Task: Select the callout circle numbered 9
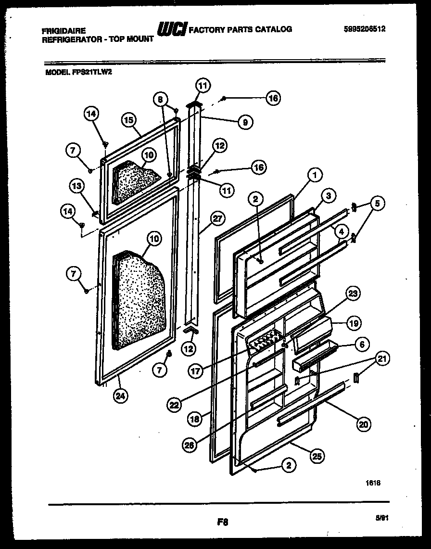tap(245, 122)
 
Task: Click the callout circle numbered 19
tap(353, 323)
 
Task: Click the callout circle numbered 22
tap(175, 405)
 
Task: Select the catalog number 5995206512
tap(365, 29)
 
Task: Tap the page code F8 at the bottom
tap(222, 521)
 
